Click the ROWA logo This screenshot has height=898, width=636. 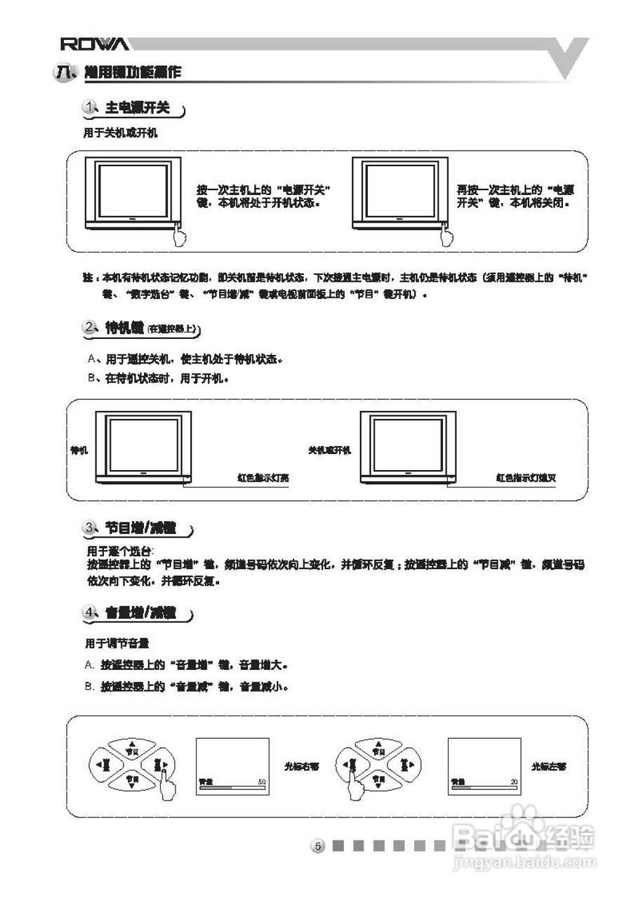coord(94,44)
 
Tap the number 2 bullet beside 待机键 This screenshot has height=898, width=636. coord(91,327)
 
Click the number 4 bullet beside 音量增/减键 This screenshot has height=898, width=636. coord(91,612)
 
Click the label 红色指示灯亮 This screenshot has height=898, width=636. coord(263,478)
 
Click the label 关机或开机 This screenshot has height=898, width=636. coord(329,450)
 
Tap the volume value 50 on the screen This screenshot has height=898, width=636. coord(262,781)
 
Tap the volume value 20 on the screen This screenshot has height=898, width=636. coord(514,781)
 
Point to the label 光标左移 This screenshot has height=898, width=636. coord(548,767)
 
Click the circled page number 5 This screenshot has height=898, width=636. coord(317,846)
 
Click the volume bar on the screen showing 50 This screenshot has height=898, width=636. coord(232,788)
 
